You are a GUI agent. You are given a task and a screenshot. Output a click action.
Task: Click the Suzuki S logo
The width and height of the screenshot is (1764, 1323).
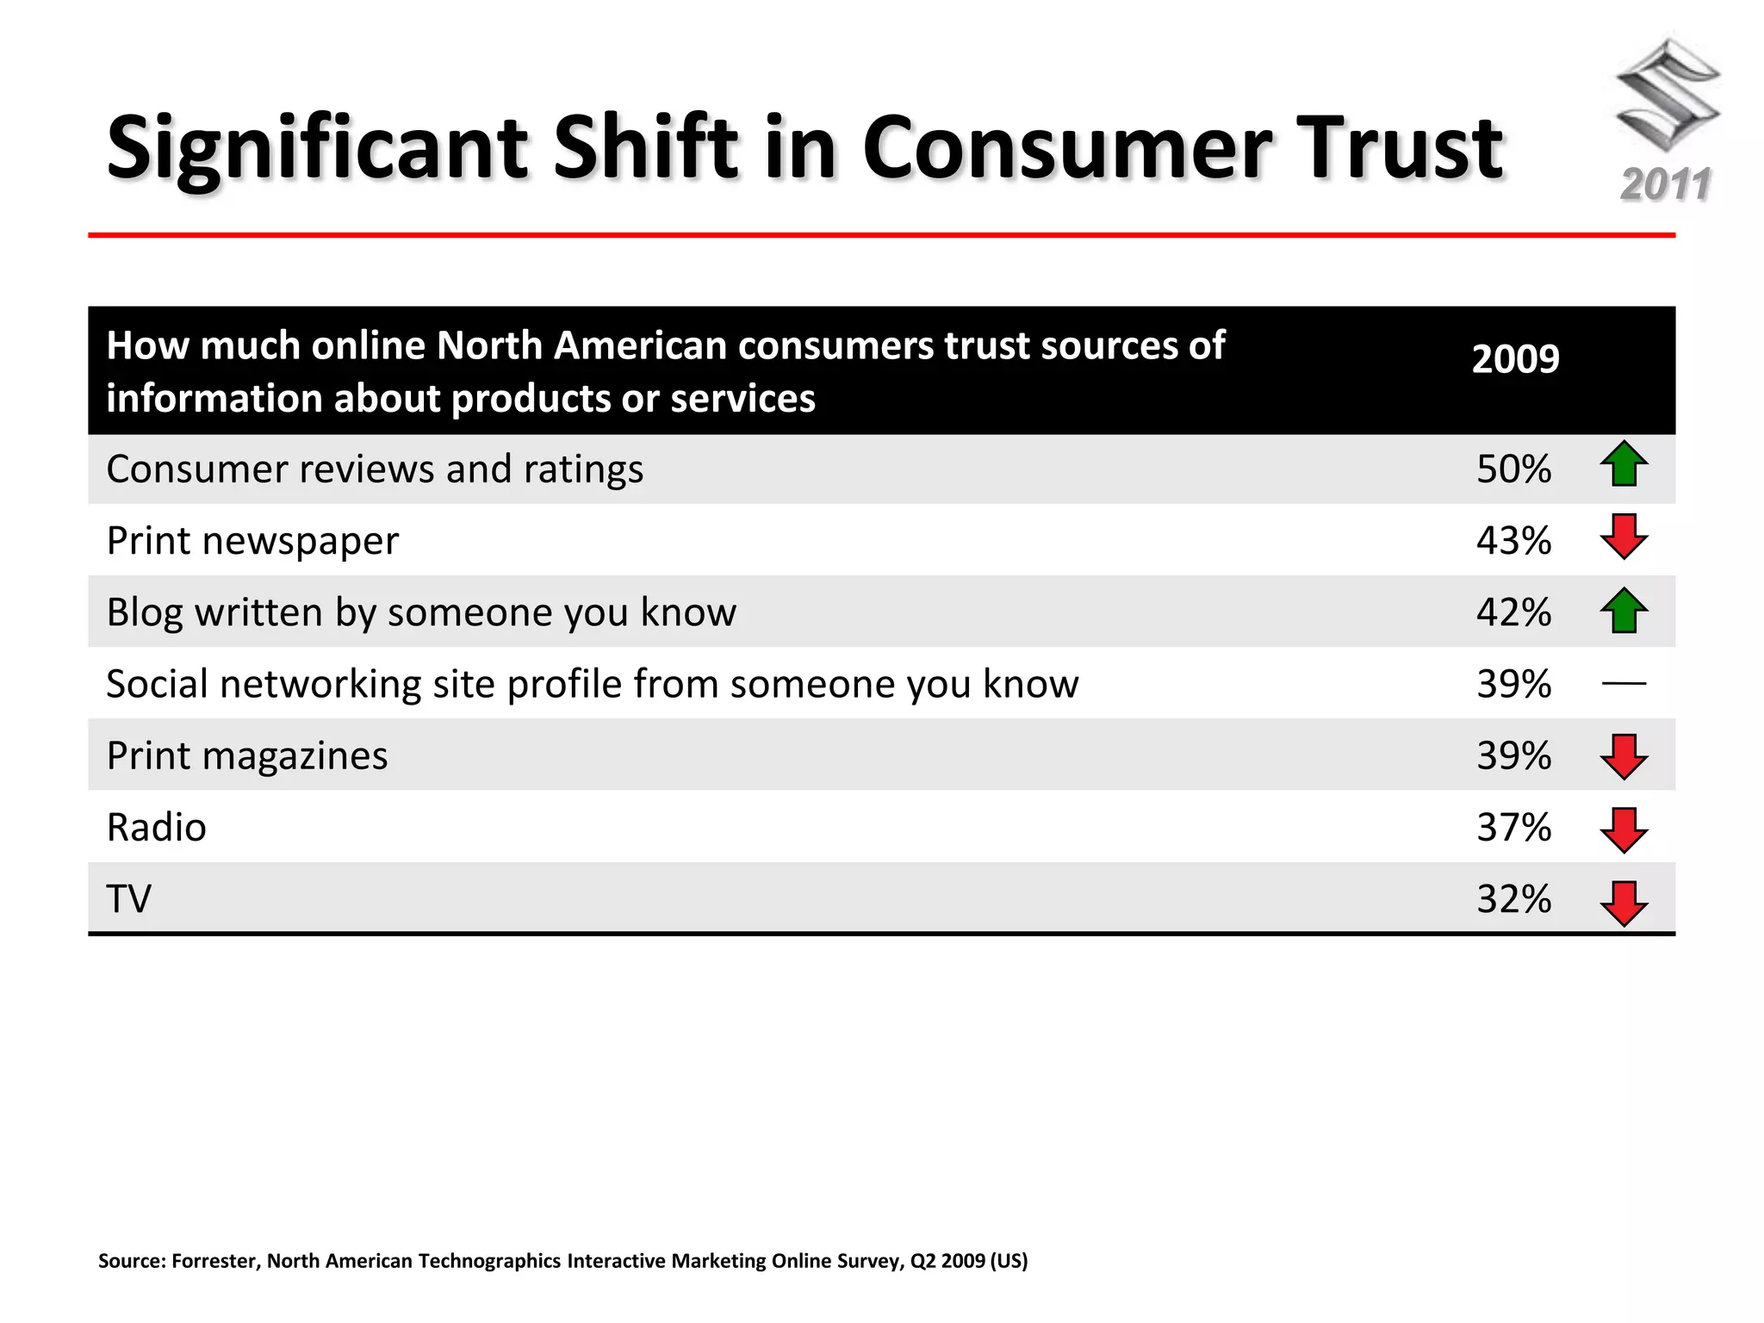point(1668,95)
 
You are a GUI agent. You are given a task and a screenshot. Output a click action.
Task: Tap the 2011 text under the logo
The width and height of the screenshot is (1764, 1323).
point(1666,185)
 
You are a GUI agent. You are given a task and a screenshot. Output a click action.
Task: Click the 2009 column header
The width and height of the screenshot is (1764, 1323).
point(1515,359)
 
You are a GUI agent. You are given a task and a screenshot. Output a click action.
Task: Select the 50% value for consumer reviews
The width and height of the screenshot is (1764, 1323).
point(1513,469)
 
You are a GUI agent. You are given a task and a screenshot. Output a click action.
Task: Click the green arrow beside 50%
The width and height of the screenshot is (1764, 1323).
point(1624,464)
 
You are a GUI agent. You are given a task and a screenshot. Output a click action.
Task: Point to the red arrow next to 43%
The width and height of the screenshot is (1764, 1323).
point(1624,537)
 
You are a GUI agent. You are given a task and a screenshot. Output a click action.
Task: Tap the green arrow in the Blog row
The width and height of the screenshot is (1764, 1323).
point(1624,611)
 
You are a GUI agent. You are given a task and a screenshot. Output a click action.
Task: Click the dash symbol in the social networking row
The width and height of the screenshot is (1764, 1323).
point(1624,684)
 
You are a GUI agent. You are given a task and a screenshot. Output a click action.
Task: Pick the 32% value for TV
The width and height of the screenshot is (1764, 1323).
point(1513,899)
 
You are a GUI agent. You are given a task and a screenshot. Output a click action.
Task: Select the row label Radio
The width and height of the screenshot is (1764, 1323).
point(156,828)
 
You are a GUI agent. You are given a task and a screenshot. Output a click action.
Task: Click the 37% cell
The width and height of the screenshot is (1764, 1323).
point(1513,828)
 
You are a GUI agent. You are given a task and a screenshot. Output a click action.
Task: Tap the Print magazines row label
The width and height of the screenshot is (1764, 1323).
point(247,756)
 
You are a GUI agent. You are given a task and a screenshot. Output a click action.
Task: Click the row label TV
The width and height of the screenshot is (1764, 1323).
point(128,899)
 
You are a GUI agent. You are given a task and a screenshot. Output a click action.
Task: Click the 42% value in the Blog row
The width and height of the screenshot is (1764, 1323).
point(1513,612)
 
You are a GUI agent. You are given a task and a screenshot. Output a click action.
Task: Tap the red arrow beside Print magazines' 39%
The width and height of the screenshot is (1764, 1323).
point(1624,757)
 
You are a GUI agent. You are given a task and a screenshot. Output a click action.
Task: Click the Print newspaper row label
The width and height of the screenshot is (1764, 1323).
point(252,541)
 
